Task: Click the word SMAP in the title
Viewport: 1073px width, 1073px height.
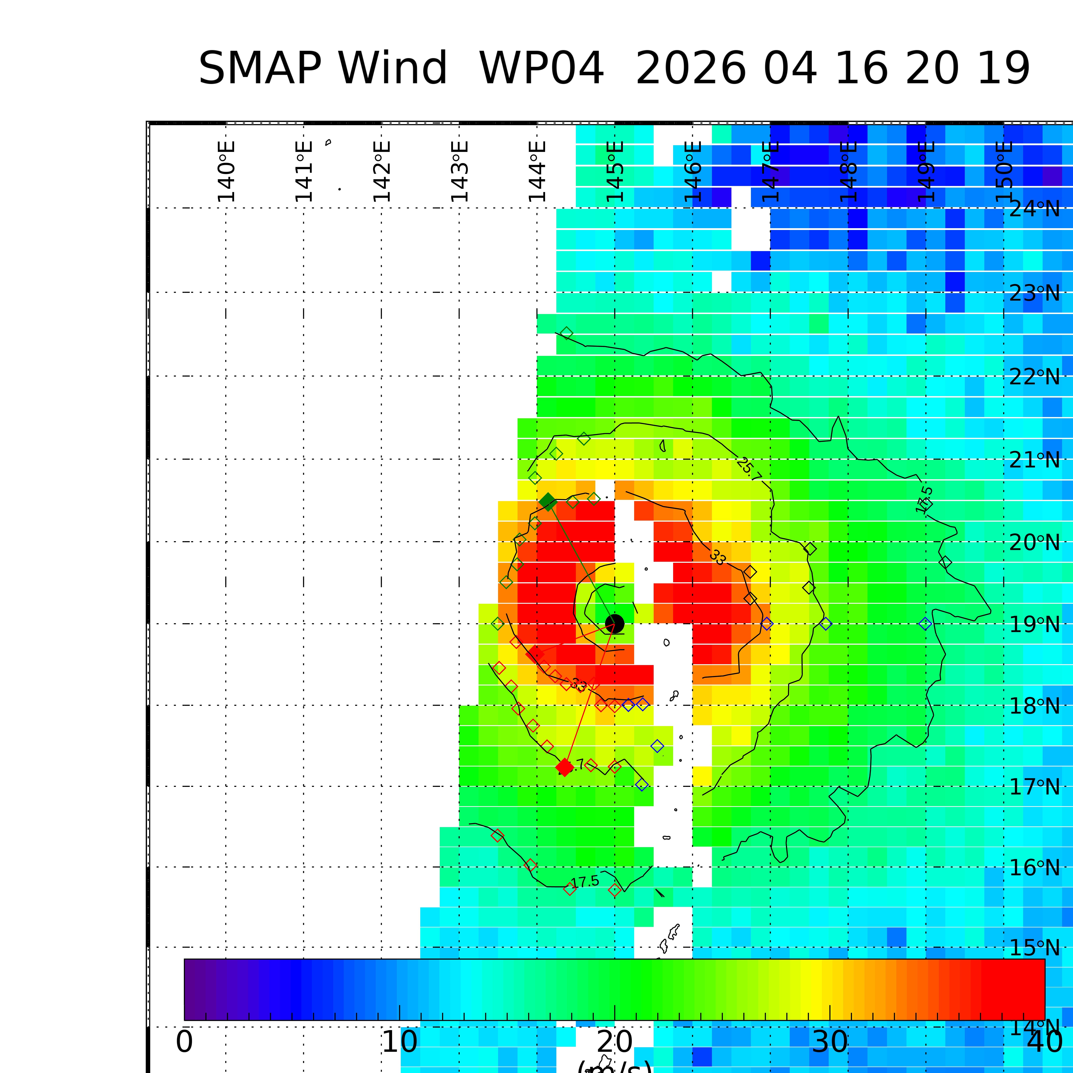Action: coord(259,69)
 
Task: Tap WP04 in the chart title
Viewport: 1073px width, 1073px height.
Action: coord(542,69)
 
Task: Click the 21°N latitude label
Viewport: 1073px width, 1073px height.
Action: coord(1034,460)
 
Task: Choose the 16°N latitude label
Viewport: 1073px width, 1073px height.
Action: coord(1034,868)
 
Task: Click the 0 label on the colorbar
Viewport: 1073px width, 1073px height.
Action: coord(184,1042)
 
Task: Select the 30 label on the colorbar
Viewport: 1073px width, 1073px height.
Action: coord(830,1042)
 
